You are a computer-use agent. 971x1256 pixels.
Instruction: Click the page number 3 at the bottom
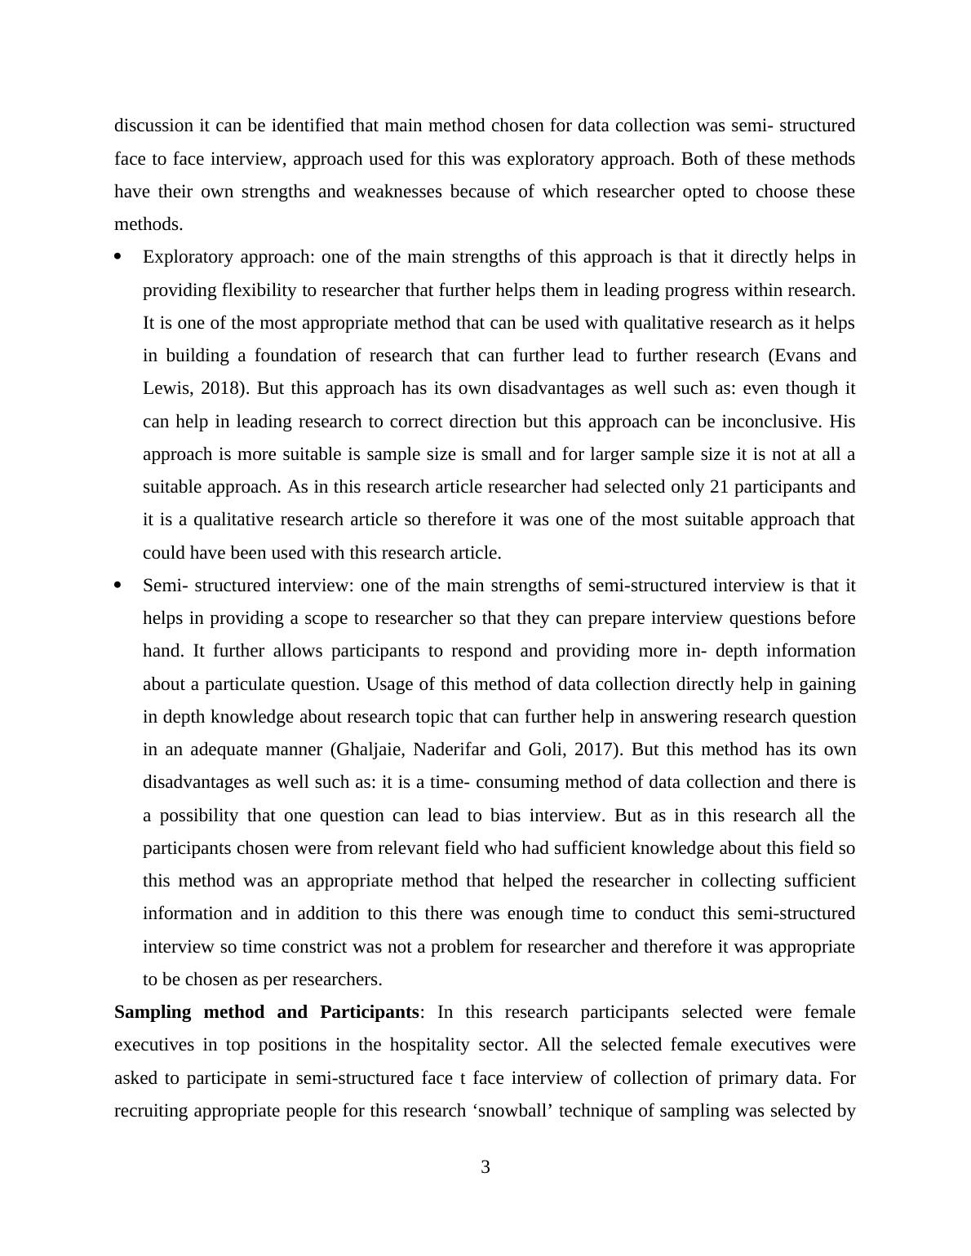pyautogui.click(x=485, y=1167)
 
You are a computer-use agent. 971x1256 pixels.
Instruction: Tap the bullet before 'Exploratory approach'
pyautogui.click(x=117, y=257)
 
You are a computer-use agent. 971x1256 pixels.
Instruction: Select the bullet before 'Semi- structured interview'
pyautogui.click(x=117, y=585)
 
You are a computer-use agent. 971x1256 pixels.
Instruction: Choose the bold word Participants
pyautogui.click(x=369, y=1012)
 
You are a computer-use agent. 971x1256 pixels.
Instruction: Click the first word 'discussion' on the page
pyautogui.click(x=154, y=126)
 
